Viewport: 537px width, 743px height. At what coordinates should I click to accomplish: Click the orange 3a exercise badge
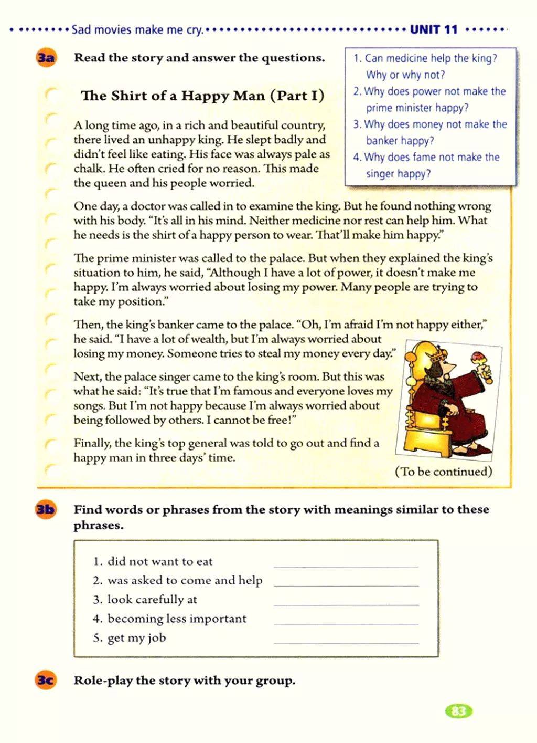point(46,58)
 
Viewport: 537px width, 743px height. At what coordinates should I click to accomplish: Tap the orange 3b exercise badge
point(46,509)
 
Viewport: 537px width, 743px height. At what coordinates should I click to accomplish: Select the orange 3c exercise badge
point(46,681)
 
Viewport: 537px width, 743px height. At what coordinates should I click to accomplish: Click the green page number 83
point(458,711)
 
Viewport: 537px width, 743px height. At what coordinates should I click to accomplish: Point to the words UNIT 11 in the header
point(434,29)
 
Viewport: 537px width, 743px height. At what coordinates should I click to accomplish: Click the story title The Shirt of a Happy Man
point(202,96)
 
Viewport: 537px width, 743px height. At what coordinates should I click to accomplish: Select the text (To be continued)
point(443,472)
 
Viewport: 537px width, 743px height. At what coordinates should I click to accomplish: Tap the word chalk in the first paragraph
point(88,169)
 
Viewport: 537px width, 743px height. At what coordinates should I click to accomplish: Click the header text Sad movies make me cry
point(137,30)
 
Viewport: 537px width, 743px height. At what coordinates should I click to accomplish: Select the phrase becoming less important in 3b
point(177,619)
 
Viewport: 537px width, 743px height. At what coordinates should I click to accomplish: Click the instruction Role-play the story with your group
point(185,681)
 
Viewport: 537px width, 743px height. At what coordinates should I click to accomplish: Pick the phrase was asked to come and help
point(185,580)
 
